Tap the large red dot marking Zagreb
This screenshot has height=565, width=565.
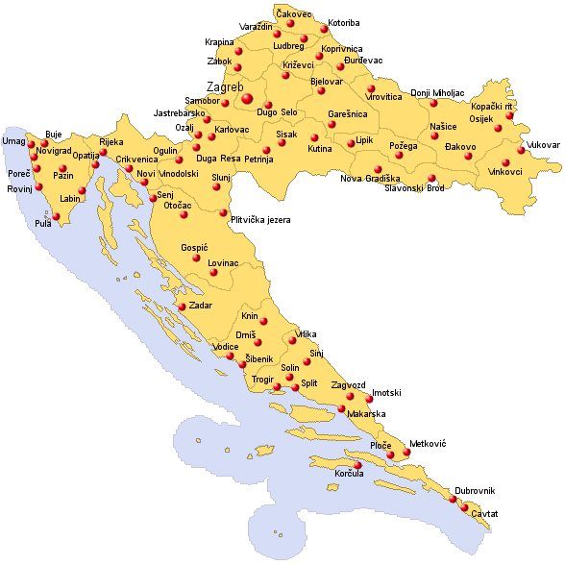(248, 97)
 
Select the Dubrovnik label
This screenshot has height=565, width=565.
(477, 490)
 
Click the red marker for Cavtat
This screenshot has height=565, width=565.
(468, 511)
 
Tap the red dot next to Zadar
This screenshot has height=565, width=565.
(182, 307)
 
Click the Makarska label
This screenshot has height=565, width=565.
(366, 413)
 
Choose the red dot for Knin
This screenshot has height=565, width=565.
(263, 321)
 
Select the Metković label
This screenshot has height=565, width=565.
(428, 444)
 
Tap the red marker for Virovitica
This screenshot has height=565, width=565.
(371, 89)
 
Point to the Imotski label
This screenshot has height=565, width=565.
(386, 393)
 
